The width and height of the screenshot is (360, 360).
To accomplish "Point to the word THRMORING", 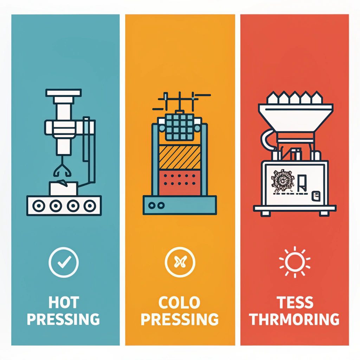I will point(294,320).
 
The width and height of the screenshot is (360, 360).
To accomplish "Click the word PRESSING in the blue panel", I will point(63,320).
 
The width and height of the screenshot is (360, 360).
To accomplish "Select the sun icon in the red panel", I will point(295,261).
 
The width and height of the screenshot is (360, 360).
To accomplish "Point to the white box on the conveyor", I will point(63,188).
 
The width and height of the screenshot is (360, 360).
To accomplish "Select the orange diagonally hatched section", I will point(179,157).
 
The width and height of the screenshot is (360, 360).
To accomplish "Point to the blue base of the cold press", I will point(179,205).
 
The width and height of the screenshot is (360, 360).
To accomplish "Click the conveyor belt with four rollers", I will point(64,205).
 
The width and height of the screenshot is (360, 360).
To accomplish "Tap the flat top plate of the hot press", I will point(64,93).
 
